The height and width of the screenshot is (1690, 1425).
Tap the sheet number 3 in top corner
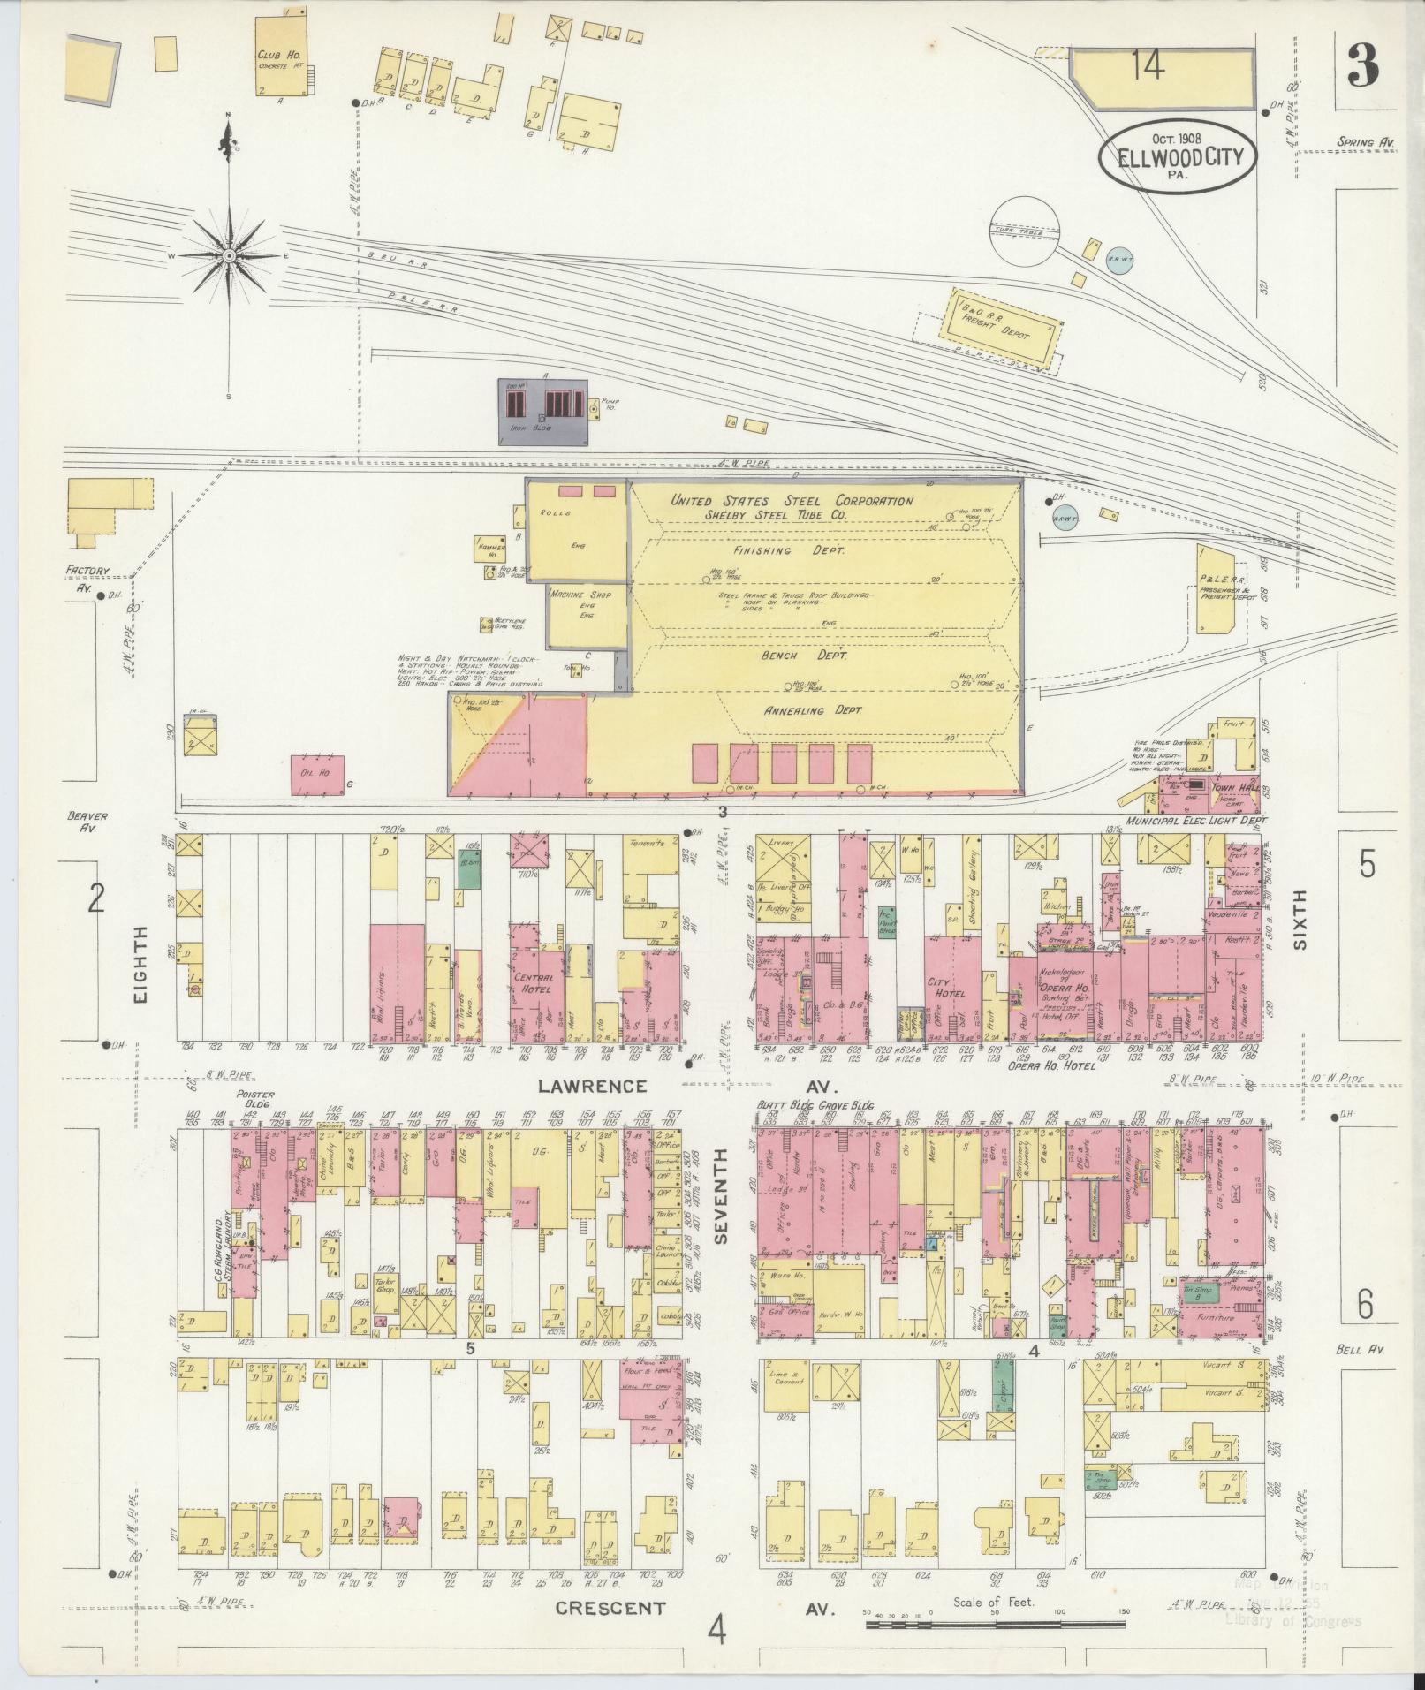click(x=1364, y=67)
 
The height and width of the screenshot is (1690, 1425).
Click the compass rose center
click(x=229, y=255)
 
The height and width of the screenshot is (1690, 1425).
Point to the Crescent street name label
click(x=610, y=1609)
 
